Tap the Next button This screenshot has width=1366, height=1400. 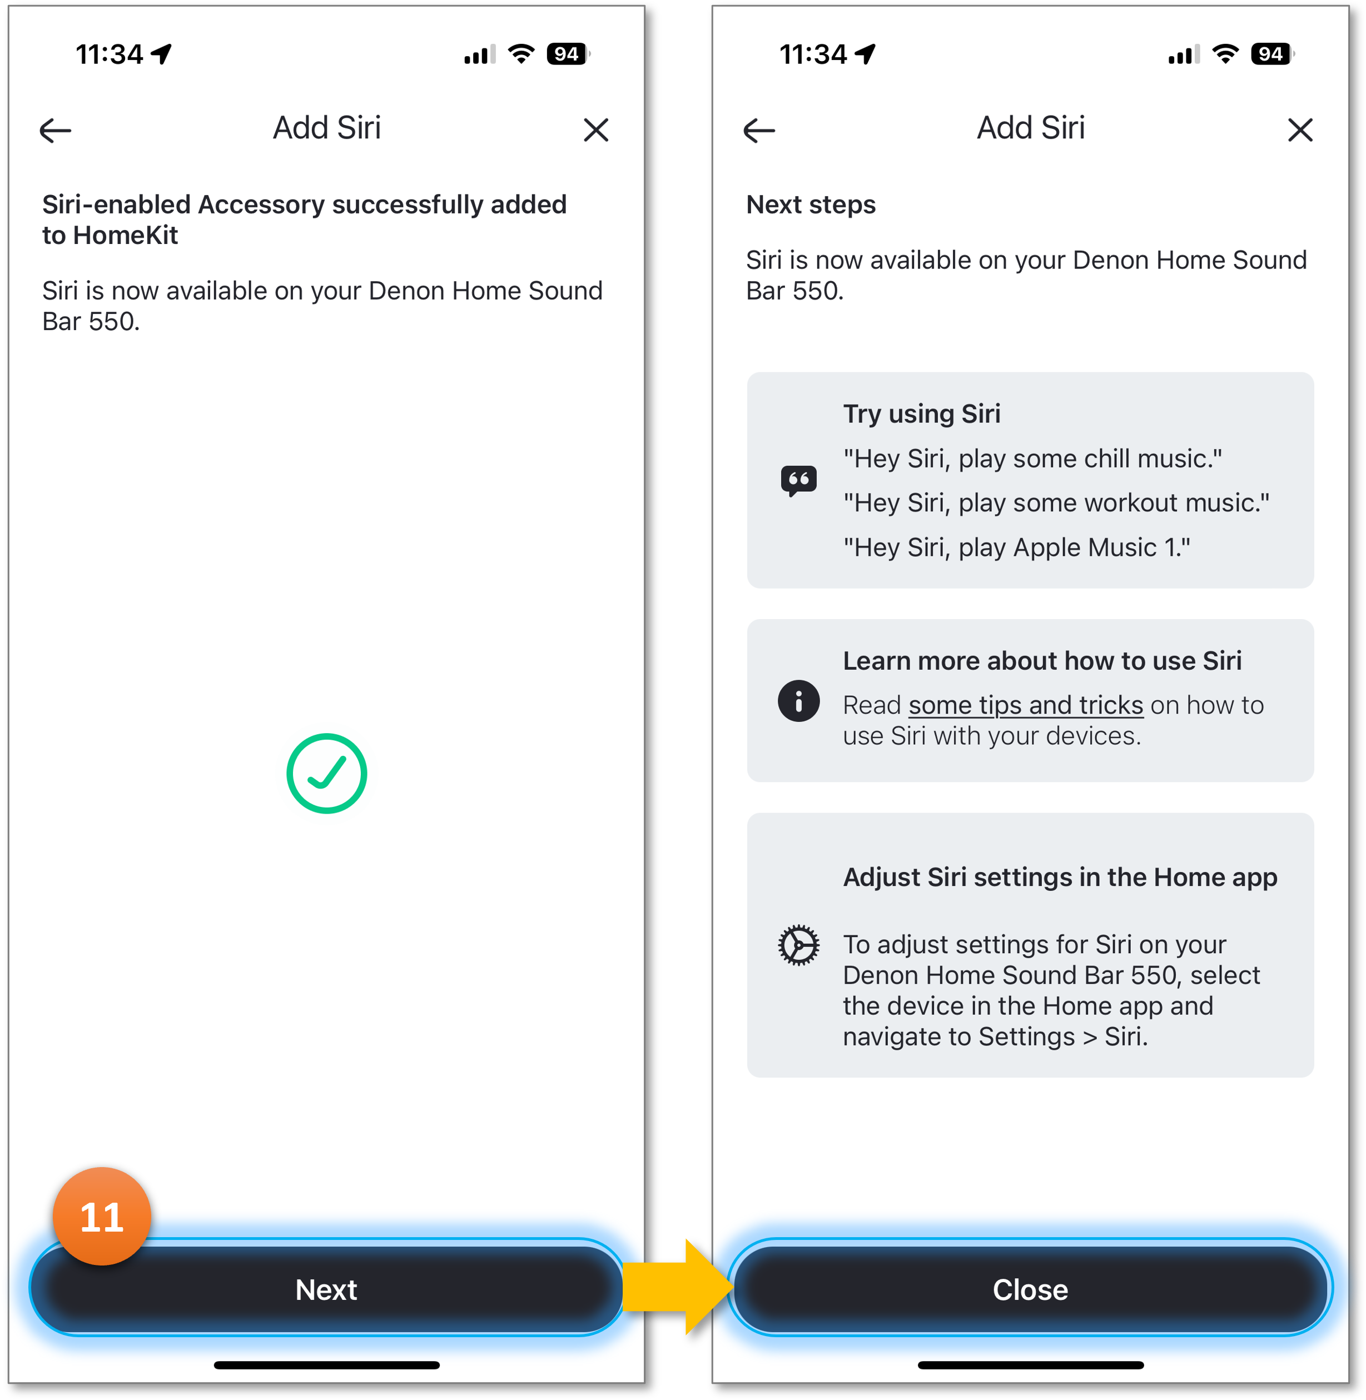(326, 1289)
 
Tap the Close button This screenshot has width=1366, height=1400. (1030, 1289)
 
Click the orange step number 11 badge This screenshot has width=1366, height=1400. (102, 1217)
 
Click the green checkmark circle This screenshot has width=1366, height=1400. (327, 773)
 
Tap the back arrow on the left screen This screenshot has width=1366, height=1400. (55, 131)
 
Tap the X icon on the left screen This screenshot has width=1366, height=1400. (595, 131)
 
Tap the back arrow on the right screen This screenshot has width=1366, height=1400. (759, 131)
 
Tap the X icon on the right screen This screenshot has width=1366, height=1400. (1300, 131)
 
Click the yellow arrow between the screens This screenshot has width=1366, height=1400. (674, 1287)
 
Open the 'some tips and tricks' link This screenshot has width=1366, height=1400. (1025, 706)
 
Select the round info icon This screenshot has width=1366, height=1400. (798, 701)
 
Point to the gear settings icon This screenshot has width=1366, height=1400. (798, 945)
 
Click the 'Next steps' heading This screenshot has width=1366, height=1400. (811, 205)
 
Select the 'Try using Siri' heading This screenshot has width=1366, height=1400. (921, 414)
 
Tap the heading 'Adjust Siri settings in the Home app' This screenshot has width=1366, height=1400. (1060, 877)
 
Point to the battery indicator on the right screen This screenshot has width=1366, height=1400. (1271, 54)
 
